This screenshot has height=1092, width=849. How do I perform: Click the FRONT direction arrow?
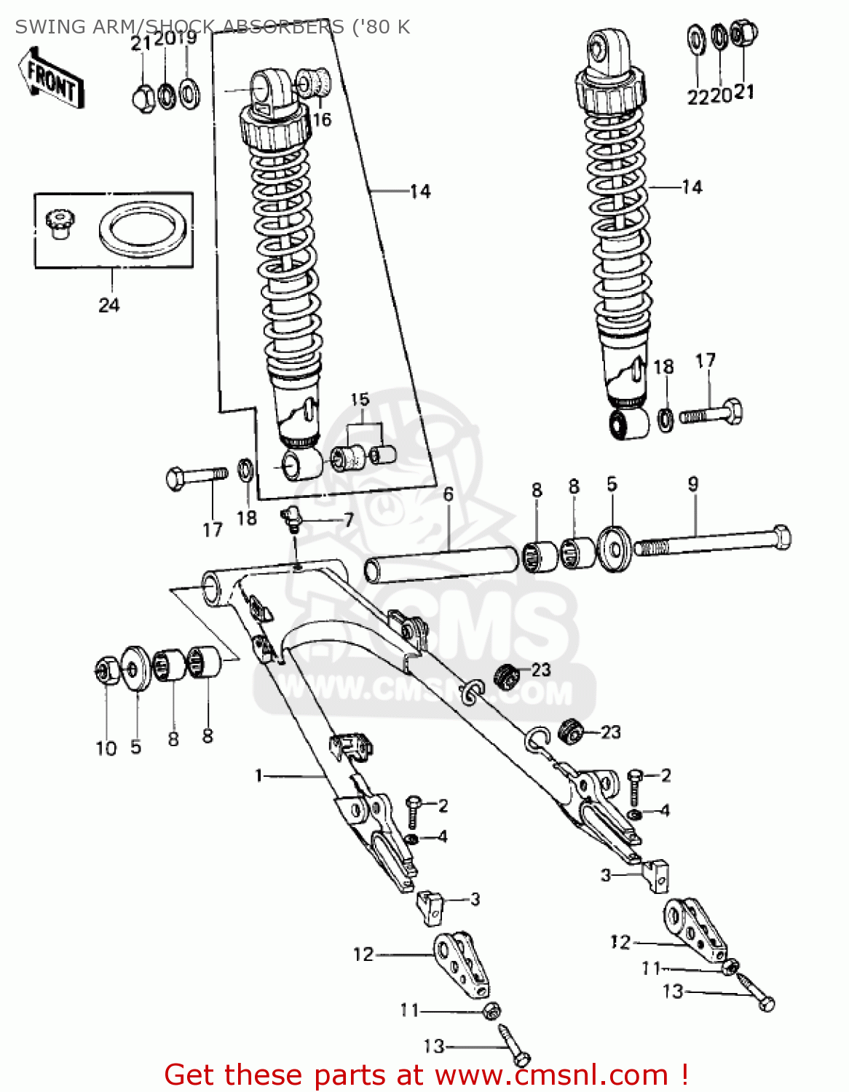coord(51,78)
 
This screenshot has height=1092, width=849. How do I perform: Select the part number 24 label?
coord(108,305)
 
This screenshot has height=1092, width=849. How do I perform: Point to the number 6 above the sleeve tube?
coord(448,494)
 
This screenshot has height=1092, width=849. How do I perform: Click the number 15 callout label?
coord(360,400)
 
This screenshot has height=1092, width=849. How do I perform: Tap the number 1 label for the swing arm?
coord(258,776)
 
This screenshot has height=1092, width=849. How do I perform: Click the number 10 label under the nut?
coord(106,748)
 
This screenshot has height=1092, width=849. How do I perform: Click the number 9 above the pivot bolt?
coord(692,484)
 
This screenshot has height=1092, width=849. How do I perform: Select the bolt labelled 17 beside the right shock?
coord(711,413)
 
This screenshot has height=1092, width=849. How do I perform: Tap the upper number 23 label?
coord(540,670)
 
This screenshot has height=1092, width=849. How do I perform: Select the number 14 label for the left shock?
coord(419,191)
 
